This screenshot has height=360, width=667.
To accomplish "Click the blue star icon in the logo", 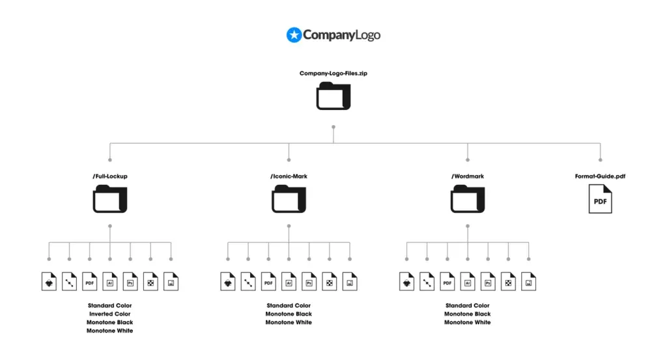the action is click(294, 35).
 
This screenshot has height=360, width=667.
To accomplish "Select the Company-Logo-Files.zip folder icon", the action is click(333, 96).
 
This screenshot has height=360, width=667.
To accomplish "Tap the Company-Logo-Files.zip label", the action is click(333, 73).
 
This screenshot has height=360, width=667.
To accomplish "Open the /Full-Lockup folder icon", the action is click(109, 199).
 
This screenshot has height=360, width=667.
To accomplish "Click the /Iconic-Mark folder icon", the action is click(289, 199).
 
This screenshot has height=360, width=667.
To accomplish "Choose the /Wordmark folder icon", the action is click(468, 199).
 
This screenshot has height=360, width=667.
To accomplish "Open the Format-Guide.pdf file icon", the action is click(600, 199).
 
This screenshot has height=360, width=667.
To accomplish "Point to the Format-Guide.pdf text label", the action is click(600, 176).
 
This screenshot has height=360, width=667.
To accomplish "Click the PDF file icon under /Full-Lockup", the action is click(89, 281).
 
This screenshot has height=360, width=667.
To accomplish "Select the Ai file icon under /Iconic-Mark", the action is click(289, 281).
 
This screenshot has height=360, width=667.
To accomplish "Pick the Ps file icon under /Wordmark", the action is click(488, 281).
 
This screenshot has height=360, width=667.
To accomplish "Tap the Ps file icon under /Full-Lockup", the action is click(130, 281).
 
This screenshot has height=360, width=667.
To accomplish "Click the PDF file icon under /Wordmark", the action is click(447, 281).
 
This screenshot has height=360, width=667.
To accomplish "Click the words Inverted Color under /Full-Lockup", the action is click(109, 314).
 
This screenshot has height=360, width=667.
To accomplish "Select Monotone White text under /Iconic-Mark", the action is click(289, 322).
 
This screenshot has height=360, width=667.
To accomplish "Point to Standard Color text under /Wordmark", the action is click(468, 305).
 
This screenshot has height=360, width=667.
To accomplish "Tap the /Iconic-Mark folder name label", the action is click(289, 176).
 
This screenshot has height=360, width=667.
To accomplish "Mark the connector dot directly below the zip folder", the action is click(333, 127).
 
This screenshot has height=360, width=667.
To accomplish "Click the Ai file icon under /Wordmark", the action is click(468, 281).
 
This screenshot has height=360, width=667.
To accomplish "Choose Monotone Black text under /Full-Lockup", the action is click(109, 322).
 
